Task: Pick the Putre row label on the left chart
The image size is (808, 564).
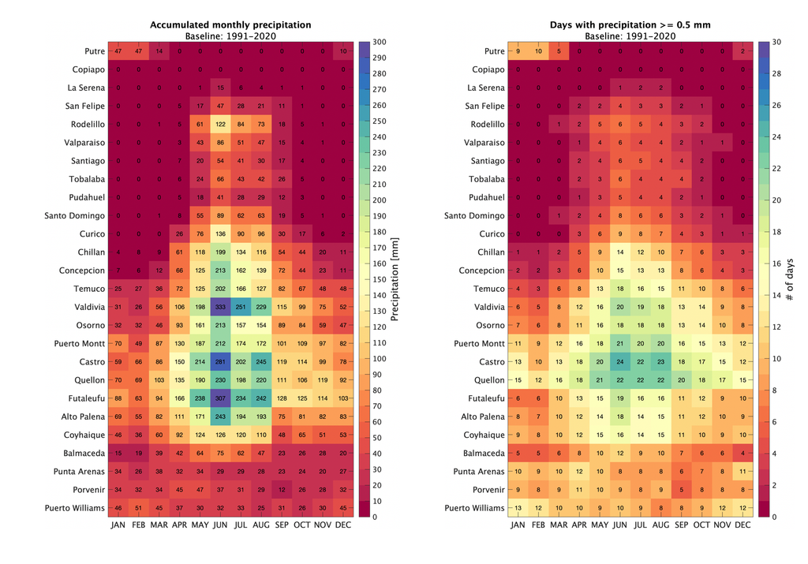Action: click(x=93, y=51)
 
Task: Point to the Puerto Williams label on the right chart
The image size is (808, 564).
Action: click(x=477, y=508)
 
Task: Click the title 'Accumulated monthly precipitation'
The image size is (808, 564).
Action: click(x=230, y=25)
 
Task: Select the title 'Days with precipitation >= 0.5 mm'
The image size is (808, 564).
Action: click(x=630, y=25)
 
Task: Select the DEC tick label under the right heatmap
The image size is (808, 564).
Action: click(x=743, y=525)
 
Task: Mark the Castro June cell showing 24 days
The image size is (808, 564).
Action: click(x=619, y=361)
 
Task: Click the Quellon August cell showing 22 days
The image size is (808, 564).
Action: click(x=660, y=379)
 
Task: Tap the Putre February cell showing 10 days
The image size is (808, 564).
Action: click(x=538, y=51)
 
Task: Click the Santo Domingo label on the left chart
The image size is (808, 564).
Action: click(x=76, y=215)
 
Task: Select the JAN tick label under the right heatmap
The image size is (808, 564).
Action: click(x=518, y=525)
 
